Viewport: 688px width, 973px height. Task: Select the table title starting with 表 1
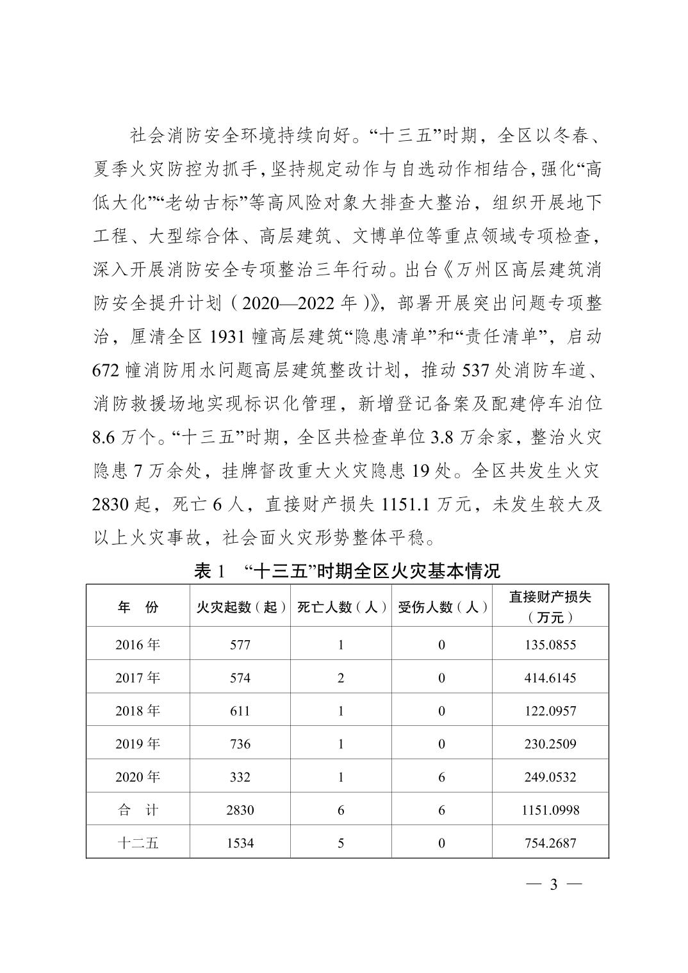[347, 570]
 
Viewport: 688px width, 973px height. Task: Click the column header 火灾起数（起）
[240, 607]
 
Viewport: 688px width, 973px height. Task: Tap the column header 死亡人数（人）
[341, 607]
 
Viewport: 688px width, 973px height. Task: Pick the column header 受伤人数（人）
[442, 607]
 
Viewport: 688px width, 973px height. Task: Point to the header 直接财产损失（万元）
[550, 606]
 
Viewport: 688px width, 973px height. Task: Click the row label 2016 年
[138, 645]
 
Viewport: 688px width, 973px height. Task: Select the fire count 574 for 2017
[240, 678]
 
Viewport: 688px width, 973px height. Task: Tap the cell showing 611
[240, 711]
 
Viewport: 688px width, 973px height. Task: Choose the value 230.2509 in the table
[550, 744]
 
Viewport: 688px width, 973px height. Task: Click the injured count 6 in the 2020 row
[442, 777]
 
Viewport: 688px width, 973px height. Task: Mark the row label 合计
[138, 810]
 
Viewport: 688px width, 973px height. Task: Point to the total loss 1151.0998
[550, 810]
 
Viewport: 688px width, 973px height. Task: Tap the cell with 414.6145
[550, 678]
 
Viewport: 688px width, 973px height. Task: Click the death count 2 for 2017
[341, 678]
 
